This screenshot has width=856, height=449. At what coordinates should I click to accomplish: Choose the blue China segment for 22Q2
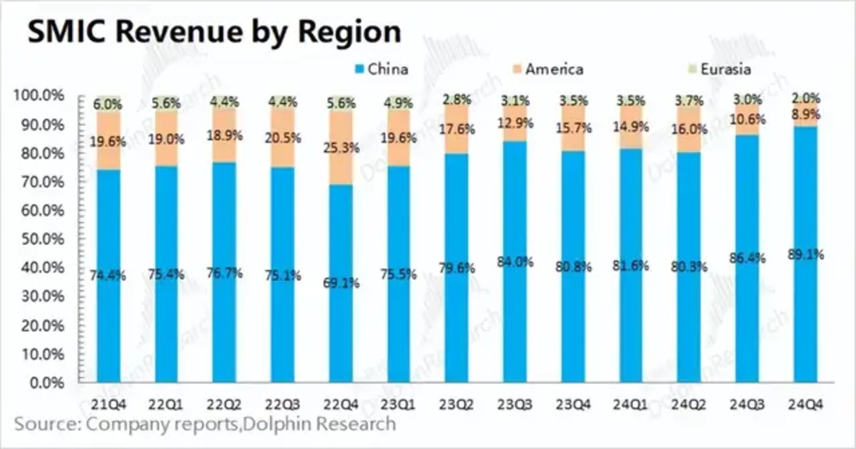[224, 330]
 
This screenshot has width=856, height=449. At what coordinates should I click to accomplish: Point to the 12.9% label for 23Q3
[515, 123]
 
